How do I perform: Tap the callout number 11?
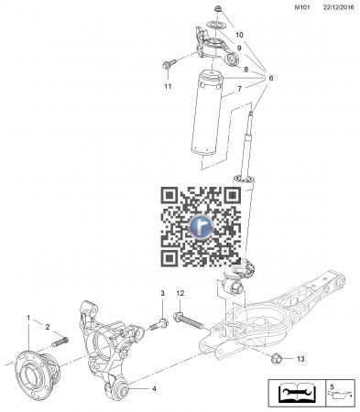pyautogui.click(x=168, y=87)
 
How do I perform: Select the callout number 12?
pyautogui.click(x=180, y=292)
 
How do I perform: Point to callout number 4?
pyautogui.click(x=154, y=389)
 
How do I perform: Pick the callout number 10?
pyautogui.click(x=239, y=35)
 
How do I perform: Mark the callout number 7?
pyautogui.click(x=239, y=89)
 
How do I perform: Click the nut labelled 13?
pyautogui.click(x=277, y=354)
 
